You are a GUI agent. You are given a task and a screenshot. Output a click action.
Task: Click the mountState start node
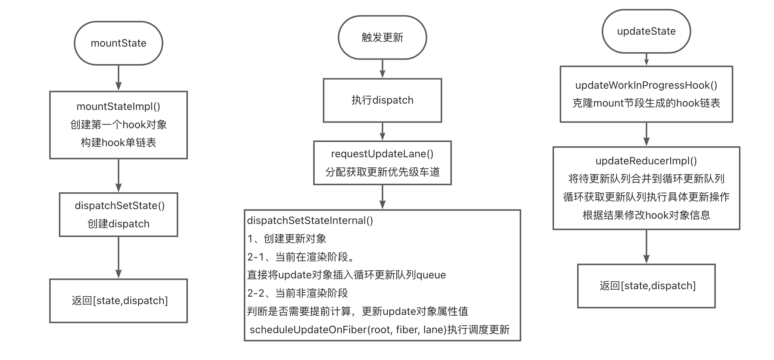coord(119,43)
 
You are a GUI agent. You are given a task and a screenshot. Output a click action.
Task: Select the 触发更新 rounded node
coord(382,37)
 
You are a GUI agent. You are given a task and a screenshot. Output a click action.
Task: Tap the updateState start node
coord(646,31)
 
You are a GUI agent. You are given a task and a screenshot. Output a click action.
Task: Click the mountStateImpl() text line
coord(119,107)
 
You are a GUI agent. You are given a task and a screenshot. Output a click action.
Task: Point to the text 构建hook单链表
coord(119,142)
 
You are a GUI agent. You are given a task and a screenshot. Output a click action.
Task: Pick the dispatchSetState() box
coord(119,215)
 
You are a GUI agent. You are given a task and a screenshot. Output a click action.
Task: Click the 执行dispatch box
coord(382,100)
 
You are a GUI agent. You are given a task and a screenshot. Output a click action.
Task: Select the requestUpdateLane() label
coord(382,154)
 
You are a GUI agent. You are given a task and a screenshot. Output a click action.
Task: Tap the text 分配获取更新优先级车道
coord(382,172)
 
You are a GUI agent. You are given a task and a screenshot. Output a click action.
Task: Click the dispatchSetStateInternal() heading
coord(310,221)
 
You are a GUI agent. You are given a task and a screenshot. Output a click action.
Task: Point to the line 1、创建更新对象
coord(287,239)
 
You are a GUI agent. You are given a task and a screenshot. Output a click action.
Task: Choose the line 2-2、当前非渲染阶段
coord(297,293)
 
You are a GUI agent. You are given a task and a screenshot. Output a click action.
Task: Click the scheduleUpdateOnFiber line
coord(379,329)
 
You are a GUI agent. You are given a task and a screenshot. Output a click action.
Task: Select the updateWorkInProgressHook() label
coord(646,85)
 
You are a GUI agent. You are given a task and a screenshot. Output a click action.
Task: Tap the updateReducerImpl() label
coord(646,161)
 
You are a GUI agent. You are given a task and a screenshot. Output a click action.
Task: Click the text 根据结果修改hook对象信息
coord(646,215)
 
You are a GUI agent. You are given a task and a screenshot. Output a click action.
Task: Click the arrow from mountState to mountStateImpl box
coord(119,78)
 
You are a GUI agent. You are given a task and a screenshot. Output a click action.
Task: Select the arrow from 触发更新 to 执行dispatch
coord(382,69)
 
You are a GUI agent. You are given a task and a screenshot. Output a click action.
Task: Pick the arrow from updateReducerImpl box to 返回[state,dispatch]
coord(646,247)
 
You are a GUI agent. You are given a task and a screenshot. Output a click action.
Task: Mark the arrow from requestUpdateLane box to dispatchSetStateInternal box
coord(382,197)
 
